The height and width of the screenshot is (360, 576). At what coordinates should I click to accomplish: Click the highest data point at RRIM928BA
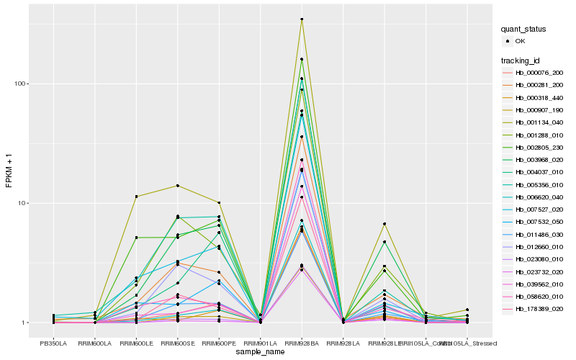[x=302, y=19]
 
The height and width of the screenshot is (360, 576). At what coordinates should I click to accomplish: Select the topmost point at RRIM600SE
[x=177, y=186]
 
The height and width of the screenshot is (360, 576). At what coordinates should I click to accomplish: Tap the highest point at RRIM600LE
[x=136, y=197]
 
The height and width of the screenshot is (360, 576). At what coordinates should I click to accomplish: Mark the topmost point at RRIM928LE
[x=384, y=224]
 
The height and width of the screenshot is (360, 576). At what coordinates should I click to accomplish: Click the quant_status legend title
[x=524, y=30]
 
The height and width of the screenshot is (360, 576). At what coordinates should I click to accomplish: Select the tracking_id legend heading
[x=521, y=60]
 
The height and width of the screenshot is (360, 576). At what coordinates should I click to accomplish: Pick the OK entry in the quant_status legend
[x=521, y=41]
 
